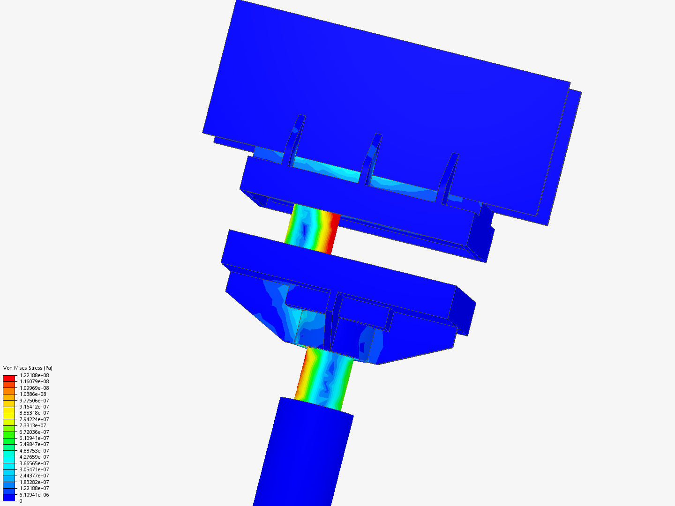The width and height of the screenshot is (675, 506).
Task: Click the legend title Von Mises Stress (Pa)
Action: click(x=28, y=368)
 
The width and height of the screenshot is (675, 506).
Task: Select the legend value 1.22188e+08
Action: click(x=34, y=375)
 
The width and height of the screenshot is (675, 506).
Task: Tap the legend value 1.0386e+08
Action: click(x=33, y=394)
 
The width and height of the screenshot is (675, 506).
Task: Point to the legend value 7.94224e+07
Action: click(x=34, y=419)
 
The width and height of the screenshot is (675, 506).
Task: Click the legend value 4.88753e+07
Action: click(x=34, y=451)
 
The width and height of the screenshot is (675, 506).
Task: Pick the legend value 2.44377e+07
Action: click(x=34, y=476)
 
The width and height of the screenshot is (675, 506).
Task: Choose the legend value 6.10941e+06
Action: click(x=34, y=495)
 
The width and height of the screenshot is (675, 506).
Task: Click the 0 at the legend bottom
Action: click(x=21, y=501)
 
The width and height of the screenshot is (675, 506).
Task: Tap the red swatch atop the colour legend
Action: click(x=9, y=378)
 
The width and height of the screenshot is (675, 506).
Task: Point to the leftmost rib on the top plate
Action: click(x=294, y=141)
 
